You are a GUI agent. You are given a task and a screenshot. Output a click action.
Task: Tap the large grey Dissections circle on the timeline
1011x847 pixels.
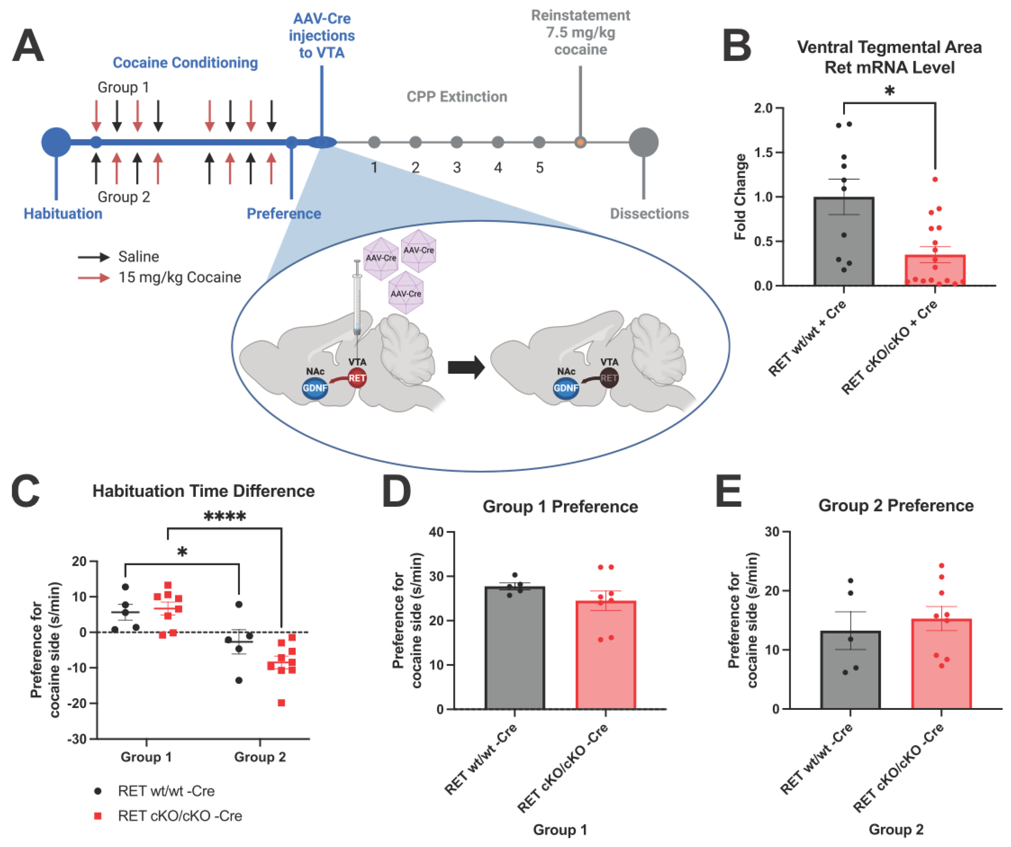pyautogui.click(x=644, y=142)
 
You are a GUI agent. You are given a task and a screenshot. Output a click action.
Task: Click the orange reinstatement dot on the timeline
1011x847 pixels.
pyautogui.click(x=580, y=142)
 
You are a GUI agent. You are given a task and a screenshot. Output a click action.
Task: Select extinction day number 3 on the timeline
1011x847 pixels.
pyautogui.click(x=456, y=168)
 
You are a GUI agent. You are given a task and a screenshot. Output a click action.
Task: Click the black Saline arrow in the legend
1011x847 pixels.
pyautogui.click(x=94, y=257)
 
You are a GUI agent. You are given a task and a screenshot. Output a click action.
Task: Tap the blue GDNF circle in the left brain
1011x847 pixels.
pyautogui.click(x=315, y=388)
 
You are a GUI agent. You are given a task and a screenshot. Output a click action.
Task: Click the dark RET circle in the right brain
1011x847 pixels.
pyautogui.click(x=609, y=378)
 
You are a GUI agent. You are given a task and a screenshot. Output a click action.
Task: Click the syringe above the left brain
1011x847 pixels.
pyautogui.click(x=357, y=299)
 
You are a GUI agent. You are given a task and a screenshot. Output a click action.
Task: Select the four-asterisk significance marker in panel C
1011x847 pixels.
pyautogui.click(x=225, y=517)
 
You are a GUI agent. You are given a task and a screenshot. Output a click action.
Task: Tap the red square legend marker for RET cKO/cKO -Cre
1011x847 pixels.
pyautogui.click(x=98, y=816)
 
